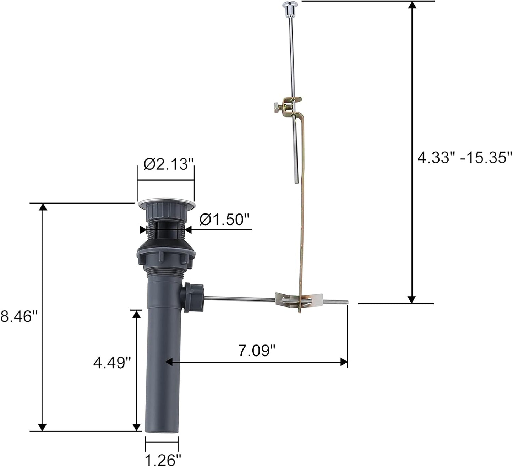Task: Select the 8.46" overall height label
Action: pos(18,316)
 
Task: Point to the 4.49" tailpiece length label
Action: pos(112,363)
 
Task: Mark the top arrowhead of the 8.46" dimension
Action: pos(43,207)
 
